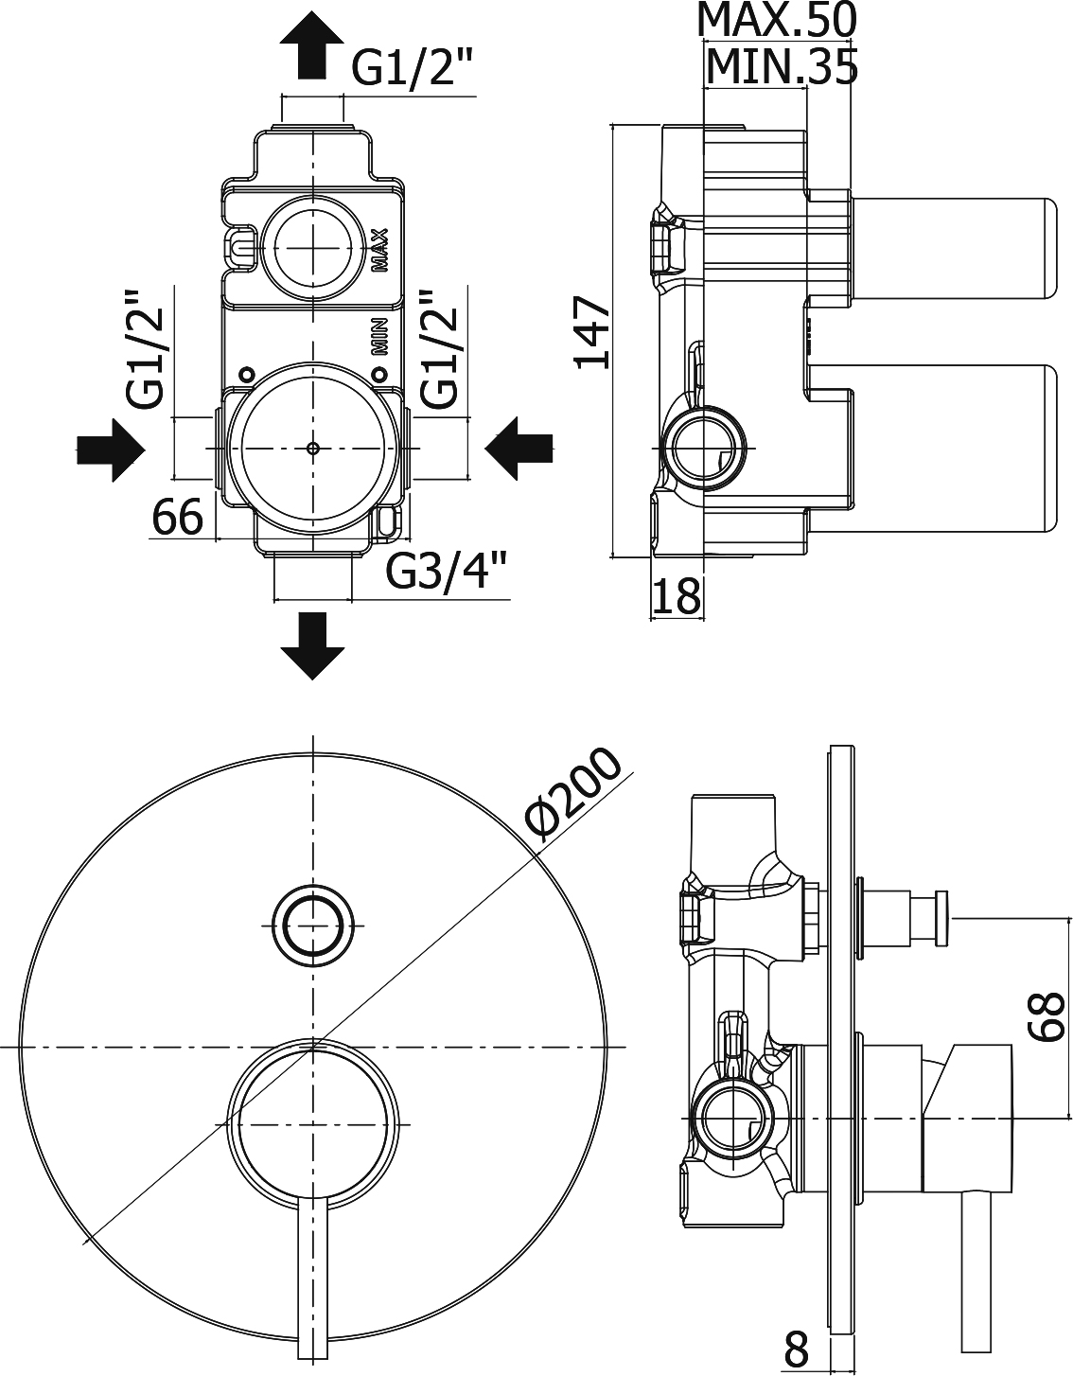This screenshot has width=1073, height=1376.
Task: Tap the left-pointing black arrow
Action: point(519,449)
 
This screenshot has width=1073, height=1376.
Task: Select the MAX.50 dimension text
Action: point(776,19)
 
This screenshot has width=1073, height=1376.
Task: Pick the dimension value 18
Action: point(677,596)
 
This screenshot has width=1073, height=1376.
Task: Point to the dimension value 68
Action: point(1048,1016)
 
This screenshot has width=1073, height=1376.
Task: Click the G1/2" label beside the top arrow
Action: point(411,68)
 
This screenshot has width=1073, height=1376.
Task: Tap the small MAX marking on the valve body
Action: point(378,250)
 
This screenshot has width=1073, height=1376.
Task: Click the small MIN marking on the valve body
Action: point(379,336)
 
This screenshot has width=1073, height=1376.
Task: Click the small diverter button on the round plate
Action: point(312,923)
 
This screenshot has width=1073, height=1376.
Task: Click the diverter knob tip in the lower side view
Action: point(941,917)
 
